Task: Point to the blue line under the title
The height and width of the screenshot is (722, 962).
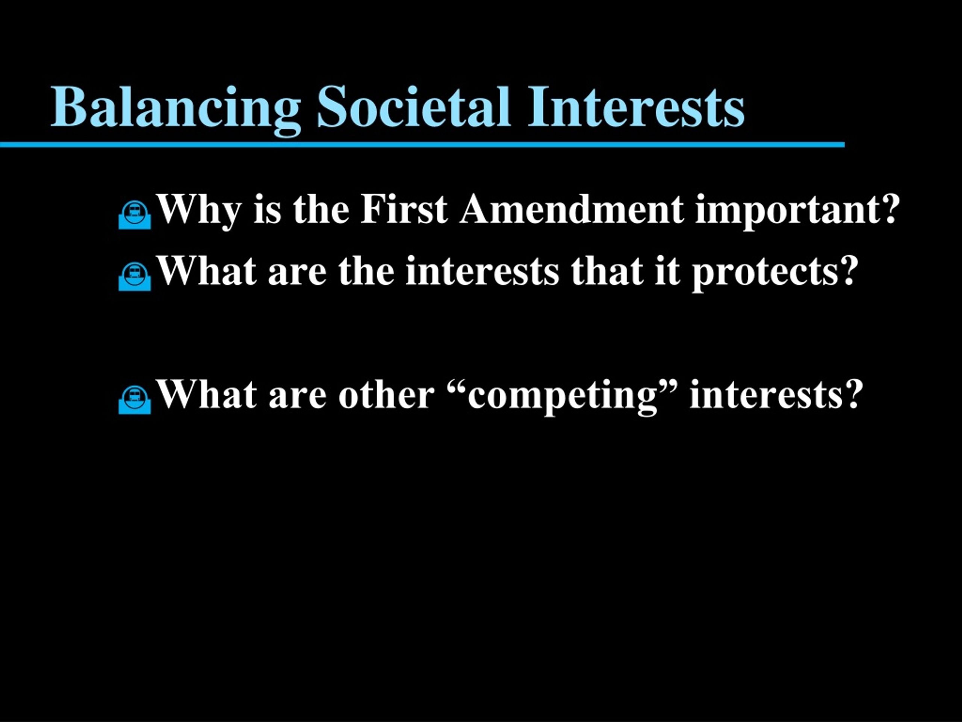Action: point(422,144)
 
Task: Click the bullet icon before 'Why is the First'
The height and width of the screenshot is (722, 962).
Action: point(135,215)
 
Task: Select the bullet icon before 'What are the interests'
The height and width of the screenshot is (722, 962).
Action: point(135,276)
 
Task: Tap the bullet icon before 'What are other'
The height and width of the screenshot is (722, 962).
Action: point(135,399)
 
